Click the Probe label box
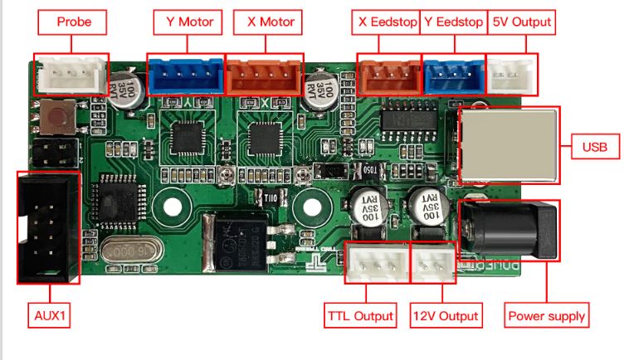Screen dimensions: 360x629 tap(75, 22)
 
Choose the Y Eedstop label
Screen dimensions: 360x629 tap(452, 22)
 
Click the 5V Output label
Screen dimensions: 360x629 tap(521, 22)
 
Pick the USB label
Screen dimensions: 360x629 tap(594, 148)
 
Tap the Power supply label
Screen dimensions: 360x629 tap(546, 316)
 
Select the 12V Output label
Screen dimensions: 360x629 tap(446, 316)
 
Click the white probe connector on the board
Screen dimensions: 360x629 tap(70, 75)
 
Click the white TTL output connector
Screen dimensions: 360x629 tap(376, 263)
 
